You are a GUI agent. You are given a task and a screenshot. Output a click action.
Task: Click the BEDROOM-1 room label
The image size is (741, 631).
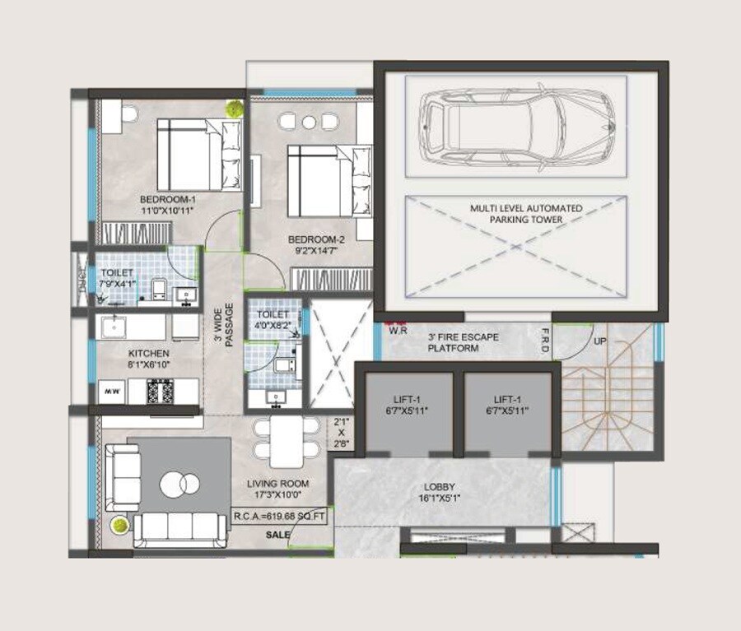pos(168,199)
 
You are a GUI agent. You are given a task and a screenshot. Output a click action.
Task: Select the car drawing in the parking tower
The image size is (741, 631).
pos(516,128)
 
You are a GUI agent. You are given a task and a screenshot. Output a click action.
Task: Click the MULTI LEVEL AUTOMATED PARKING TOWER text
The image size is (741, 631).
pos(515,214)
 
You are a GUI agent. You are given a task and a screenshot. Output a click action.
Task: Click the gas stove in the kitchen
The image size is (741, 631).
pos(159,391)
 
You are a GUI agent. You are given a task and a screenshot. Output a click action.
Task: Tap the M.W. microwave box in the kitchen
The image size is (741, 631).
pos(110,392)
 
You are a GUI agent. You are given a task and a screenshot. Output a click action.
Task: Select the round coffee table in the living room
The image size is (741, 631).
pos(179,484)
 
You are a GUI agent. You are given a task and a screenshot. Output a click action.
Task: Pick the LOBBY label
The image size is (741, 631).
pos(439,487)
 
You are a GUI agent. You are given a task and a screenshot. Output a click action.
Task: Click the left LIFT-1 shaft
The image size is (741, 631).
pos(408,411)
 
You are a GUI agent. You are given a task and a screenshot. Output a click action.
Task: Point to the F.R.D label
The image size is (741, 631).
pos(567,336)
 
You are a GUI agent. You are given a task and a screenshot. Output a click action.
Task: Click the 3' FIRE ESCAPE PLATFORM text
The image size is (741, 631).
pos(454,342)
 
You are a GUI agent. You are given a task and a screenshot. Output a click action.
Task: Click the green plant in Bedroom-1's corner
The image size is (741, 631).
pos(235,107)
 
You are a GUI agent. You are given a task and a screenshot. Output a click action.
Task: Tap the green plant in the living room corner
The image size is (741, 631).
pos(120,523)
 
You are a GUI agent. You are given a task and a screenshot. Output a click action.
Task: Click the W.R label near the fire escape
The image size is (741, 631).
pos(399,332)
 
